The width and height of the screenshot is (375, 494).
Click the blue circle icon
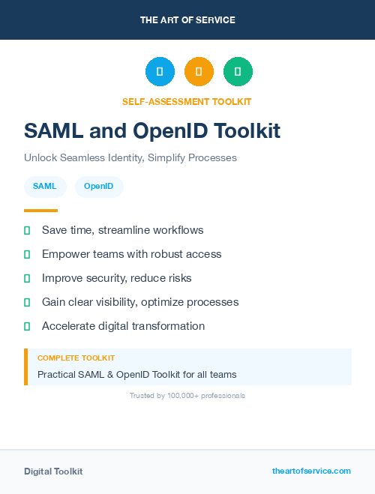click(160, 72)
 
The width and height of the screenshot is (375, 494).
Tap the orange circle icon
click(199, 72)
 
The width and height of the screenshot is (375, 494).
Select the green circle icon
click(238, 72)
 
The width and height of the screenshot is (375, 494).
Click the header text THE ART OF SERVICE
click(187, 19)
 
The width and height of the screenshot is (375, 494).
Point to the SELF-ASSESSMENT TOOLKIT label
click(187, 101)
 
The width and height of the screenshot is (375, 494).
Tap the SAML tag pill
click(45, 186)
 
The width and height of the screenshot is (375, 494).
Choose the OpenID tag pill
click(99, 186)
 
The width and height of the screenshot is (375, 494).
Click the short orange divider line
click(40, 211)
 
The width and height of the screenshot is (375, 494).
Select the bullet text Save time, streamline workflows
click(122, 230)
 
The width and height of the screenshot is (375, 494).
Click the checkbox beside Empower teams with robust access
click(28, 254)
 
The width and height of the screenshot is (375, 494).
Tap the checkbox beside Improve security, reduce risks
click(28, 278)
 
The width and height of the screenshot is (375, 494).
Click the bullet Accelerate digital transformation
click(123, 326)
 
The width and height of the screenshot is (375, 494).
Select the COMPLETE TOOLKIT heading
click(76, 358)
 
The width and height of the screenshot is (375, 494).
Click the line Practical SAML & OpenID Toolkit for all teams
click(136, 374)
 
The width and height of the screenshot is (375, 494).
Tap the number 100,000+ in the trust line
click(184, 395)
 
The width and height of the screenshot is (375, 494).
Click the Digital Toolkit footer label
click(53, 471)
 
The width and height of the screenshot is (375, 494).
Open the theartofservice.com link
click(311, 471)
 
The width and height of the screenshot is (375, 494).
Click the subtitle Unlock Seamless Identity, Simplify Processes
click(130, 158)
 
